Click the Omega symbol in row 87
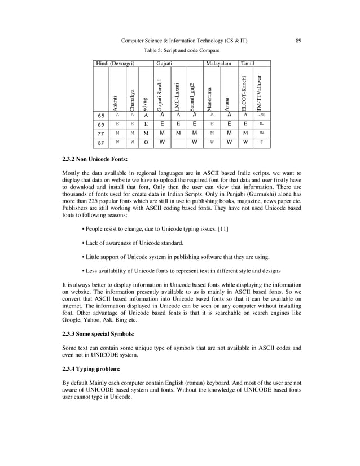(x=146, y=143)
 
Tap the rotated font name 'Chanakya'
(x=132, y=99)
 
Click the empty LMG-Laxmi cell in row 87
(x=178, y=143)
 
